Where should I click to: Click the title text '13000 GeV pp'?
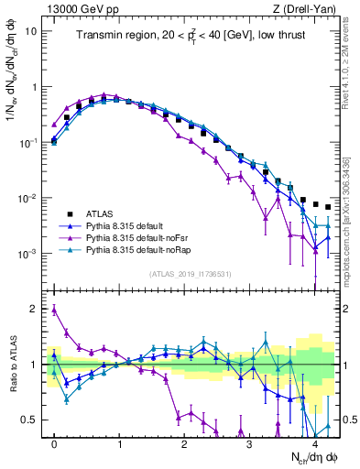(x=76, y=8)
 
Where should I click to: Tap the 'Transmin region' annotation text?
(x=119, y=36)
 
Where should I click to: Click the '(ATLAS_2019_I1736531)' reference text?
(x=191, y=273)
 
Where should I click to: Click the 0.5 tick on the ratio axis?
(x=32, y=420)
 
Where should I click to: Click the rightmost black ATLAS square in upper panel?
(x=328, y=207)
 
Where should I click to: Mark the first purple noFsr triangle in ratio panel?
(x=54, y=310)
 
